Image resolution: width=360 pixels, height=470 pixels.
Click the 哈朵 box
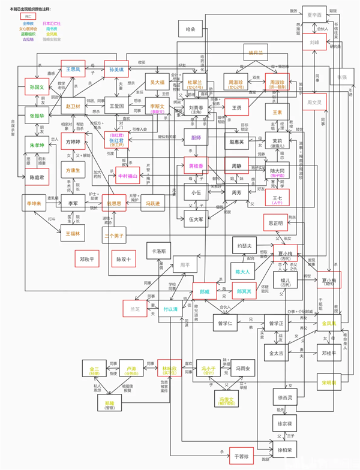pos(191,29)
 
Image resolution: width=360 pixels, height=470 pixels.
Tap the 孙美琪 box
pos(117,70)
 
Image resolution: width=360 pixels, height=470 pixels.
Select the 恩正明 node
pos(277,223)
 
